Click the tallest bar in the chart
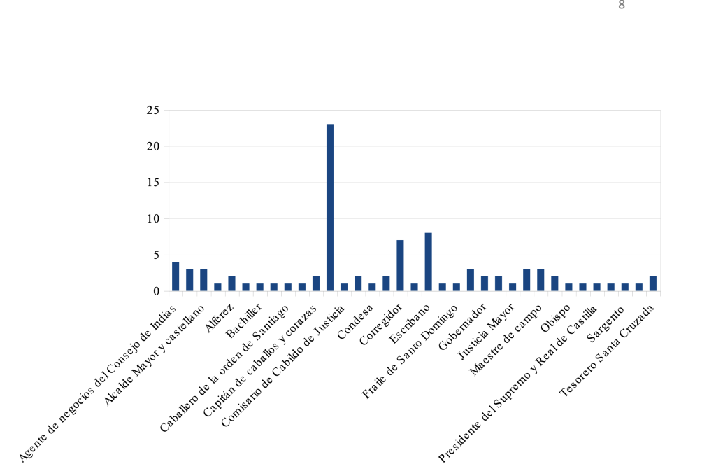[330, 207]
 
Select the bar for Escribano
[428, 262]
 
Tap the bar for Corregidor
[400, 265]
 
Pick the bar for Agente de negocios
[176, 276]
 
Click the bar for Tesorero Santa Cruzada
[652, 283]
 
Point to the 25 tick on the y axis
[152, 111]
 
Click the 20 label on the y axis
[152, 147]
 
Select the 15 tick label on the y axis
[152, 183]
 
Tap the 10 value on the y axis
[152, 219]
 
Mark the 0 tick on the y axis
[156, 291]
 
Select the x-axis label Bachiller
[245, 322]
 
